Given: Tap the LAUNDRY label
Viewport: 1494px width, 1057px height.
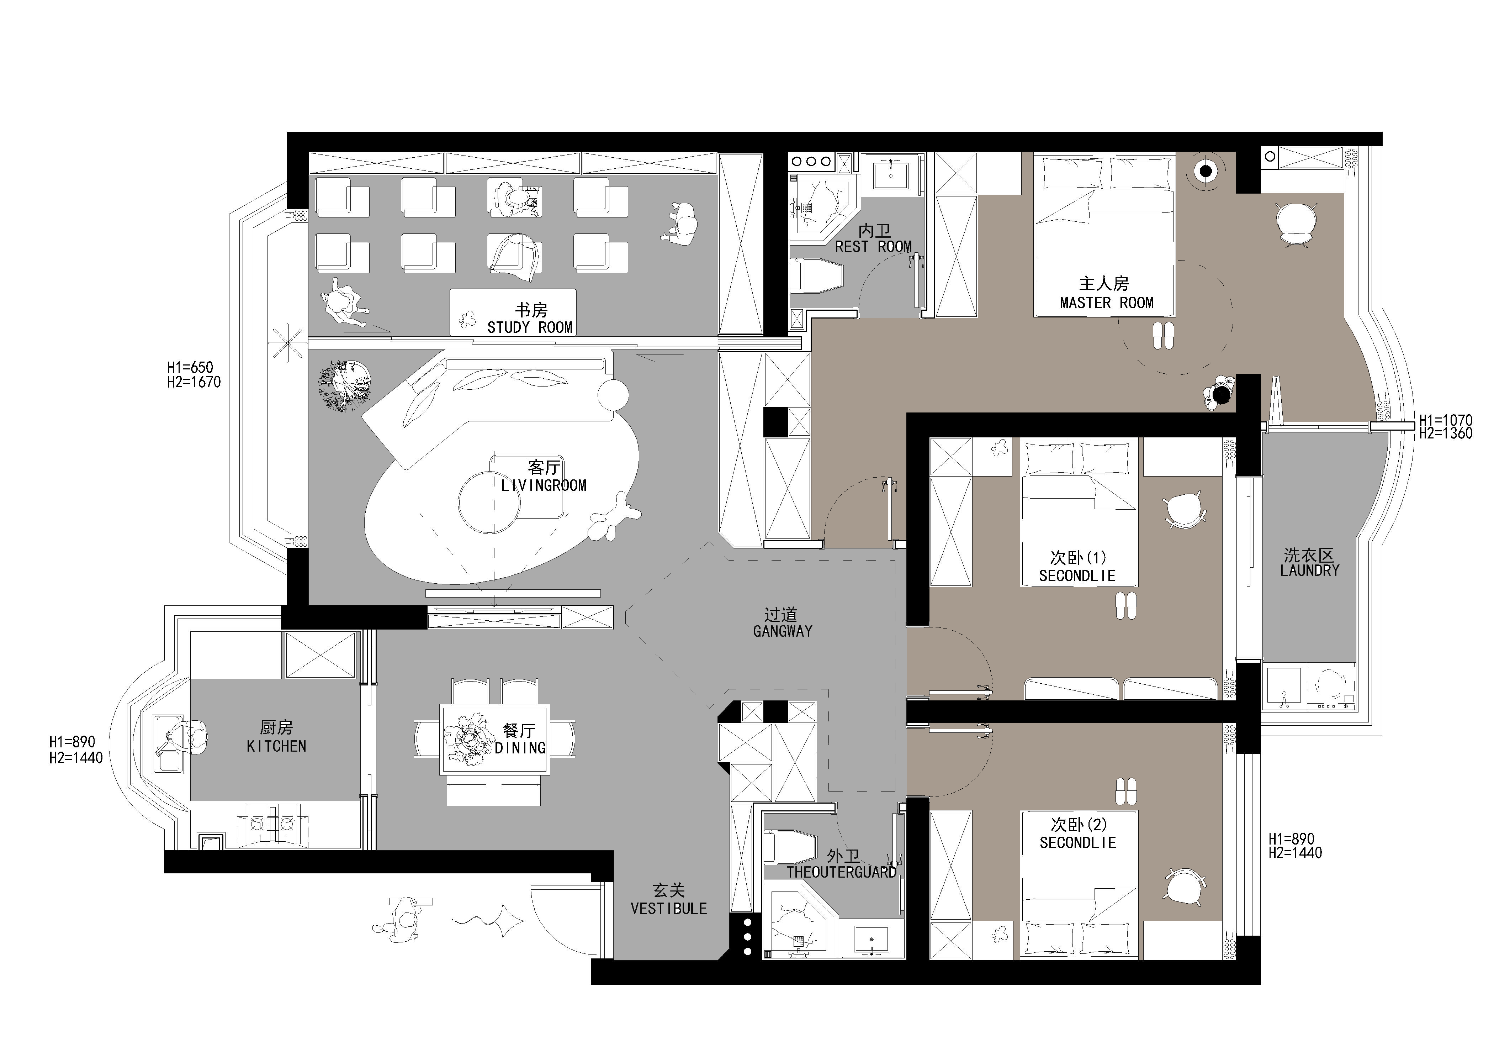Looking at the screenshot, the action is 1309,570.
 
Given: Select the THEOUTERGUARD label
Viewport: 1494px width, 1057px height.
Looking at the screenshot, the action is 841,872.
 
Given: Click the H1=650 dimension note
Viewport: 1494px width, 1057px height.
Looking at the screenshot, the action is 190,368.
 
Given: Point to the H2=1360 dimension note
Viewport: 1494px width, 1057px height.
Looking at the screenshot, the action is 1446,433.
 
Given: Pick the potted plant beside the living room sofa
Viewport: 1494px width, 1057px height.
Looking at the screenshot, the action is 345,385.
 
